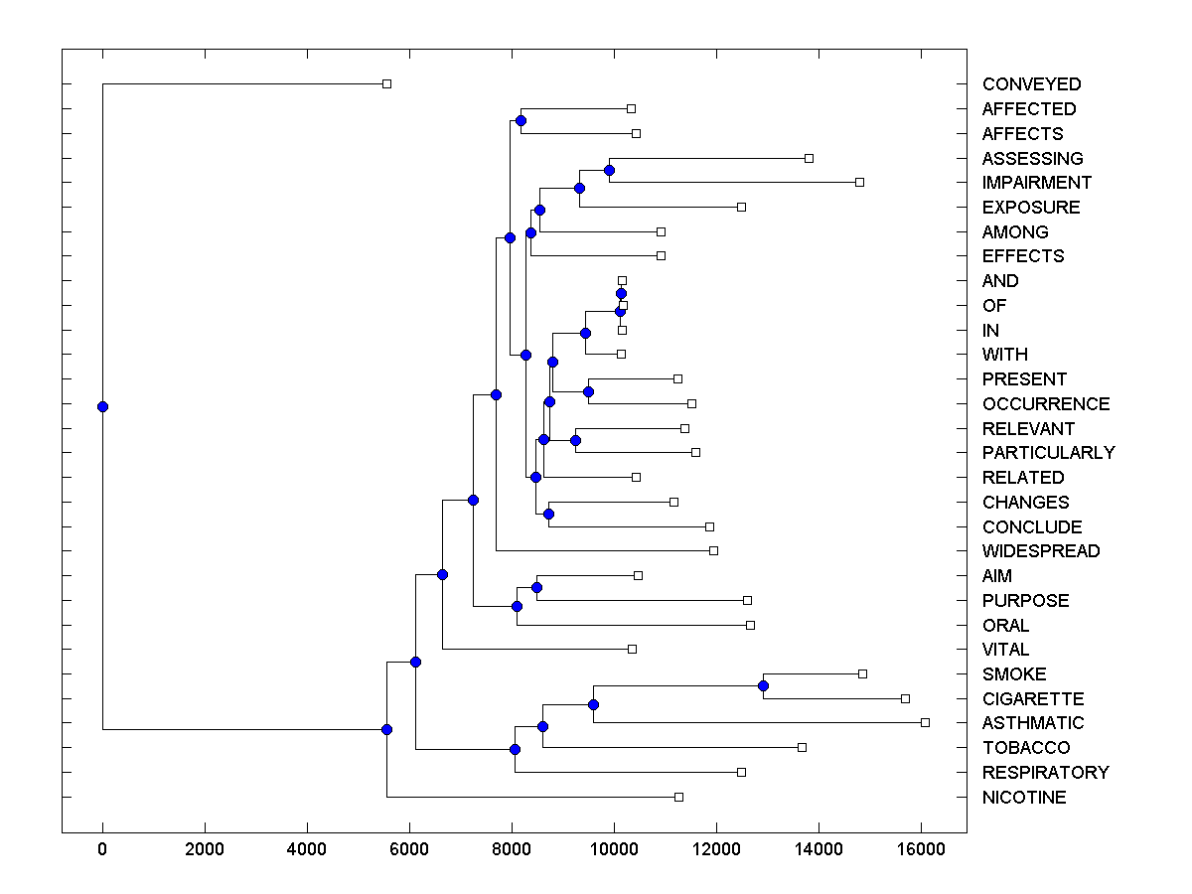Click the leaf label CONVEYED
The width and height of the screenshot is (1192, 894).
pyautogui.click(x=1031, y=84)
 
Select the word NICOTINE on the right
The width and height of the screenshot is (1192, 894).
pyautogui.click(x=1024, y=798)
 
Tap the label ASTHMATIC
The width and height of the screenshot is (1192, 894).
pyautogui.click(x=1033, y=723)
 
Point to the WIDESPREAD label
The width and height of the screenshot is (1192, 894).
pyautogui.click(x=1041, y=551)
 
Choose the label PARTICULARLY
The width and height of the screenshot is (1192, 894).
pyautogui.click(x=1048, y=453)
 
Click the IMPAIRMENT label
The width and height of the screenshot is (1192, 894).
pyautogui.click(x=1036, y=183)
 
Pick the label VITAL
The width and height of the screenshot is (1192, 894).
pyautogui.click(x=1005, y=650)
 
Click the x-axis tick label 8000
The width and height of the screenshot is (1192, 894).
pyautogui.click(x=512, y=850)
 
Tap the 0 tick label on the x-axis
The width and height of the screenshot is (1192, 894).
pyautogui.click(x=102, y=850)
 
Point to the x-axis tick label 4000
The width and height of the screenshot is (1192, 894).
pyautogui.click(x=307, y=850)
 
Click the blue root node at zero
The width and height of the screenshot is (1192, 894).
pyautogui.click(x=102, y=406)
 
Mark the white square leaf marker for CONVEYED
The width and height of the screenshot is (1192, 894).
pyautogui.click(x=387, y=84)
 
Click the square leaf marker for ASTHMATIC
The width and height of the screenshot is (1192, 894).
pyautogui.click(x=925, y=722)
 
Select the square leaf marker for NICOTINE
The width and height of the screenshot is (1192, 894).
pyautogui.click(x=678, y=797)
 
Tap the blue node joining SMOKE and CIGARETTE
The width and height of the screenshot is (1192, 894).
pyautogui.click(x=763, y=685)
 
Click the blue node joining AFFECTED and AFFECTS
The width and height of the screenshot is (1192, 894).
pyautogui.click(x=521, y=120)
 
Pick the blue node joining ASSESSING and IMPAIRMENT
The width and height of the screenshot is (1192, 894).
pyautogui.click(x=609, y=170)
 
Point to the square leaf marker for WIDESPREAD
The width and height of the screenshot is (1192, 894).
pyautogui.click(x=713, y=550)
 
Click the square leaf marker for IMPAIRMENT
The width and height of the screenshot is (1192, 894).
pyautogui.click(x=860, y=182)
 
